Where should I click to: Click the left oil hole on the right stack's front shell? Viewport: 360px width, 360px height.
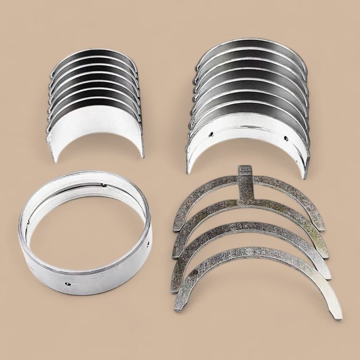click(x=210, y=134)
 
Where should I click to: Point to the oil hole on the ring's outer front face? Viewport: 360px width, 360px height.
click(x=67, y=283)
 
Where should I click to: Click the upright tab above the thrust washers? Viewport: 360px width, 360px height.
click(x=246, y=179)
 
